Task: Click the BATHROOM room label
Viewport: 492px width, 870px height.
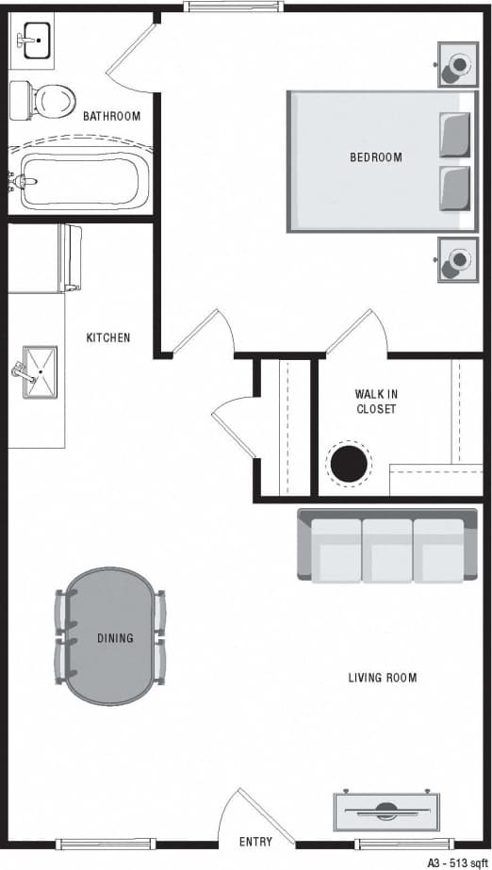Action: click(x=111, y=117)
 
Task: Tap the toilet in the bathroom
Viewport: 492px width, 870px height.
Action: click(x=42, y=97)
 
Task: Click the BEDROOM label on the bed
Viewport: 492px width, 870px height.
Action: click(x=376, y=157)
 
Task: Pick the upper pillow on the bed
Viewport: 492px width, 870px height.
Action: click(x=454, y=135)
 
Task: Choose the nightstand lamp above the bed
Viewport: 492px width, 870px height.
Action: click(x=459, y=64)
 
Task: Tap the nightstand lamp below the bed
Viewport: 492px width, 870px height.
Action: click(x=459, y=259)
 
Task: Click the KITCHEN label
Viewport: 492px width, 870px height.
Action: click(x=108, y=337)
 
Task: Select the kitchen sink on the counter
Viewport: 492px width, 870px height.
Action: click(x=37, y=372)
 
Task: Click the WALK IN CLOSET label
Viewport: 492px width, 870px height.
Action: click(x=376, y=402)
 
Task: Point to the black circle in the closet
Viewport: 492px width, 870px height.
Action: click(x=349, y=464)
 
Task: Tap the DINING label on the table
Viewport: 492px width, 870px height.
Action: click(x=115, y=638)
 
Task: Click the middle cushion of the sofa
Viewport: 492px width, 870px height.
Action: click(x=386, y=550)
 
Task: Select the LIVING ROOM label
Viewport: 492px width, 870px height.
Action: click(x=383, y=678)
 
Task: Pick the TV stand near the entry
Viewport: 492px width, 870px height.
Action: click(x=386, y=810)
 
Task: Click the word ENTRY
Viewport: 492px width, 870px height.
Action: click(x=255, y=842)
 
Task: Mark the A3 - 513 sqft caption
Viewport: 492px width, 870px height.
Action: click(x=456, y=862)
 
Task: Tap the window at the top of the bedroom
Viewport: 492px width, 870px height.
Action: click(x=233, y=7)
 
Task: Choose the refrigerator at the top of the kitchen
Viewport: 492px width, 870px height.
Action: click(x=72, y=257)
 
